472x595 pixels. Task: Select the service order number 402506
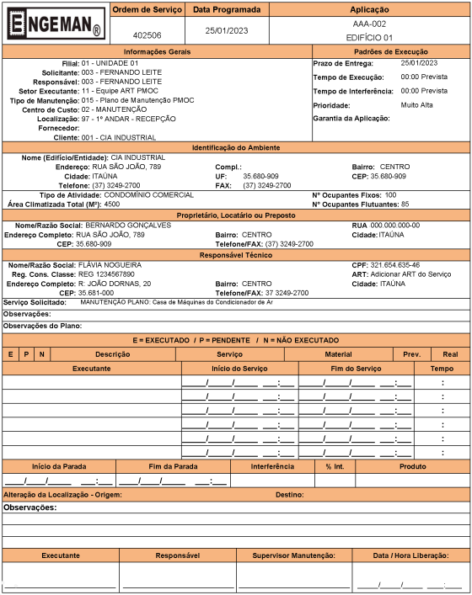(147, 36)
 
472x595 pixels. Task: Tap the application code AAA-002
(369, 24)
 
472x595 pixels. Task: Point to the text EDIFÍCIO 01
(369, 38)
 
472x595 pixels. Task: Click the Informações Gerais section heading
(157, 52)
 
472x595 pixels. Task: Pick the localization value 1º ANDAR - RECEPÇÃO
(129, 120)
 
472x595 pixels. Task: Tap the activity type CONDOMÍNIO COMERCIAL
(148, 194)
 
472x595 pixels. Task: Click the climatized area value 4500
(111, 204)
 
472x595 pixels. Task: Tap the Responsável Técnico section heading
(236, 254)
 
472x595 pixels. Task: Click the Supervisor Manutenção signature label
(294, 555)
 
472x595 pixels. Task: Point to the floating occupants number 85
(405, 204)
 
